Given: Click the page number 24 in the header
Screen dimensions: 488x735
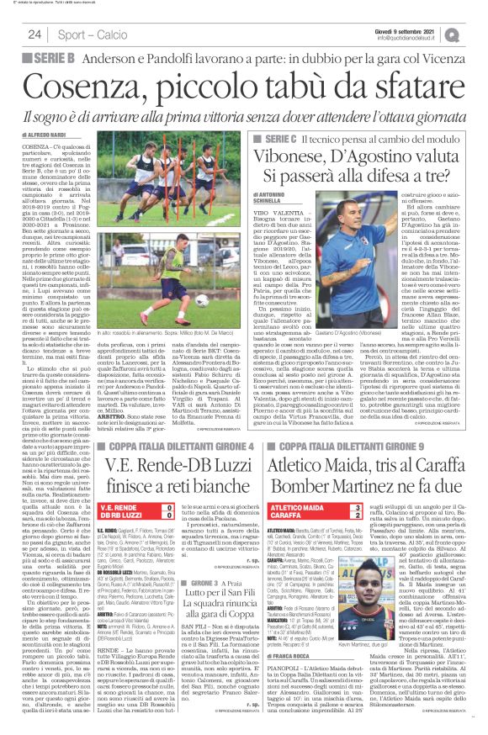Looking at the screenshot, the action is tap(34, 34).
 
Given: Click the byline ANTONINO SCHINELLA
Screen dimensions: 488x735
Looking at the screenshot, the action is tap(271, 198).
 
